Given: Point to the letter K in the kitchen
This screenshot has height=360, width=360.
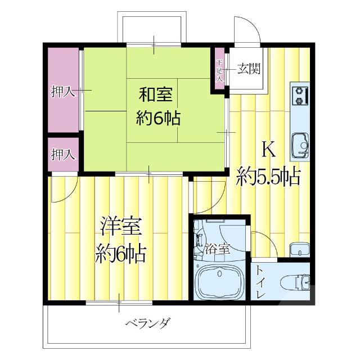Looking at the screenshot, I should (268, 150).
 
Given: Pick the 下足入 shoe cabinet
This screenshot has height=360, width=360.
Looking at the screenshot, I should (219, 70).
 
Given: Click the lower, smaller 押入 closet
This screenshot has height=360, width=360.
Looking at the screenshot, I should (62, 153).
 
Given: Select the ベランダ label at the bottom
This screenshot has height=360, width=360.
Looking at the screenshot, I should (147, 323).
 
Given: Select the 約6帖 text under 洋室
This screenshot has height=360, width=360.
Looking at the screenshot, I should (120, 254).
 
